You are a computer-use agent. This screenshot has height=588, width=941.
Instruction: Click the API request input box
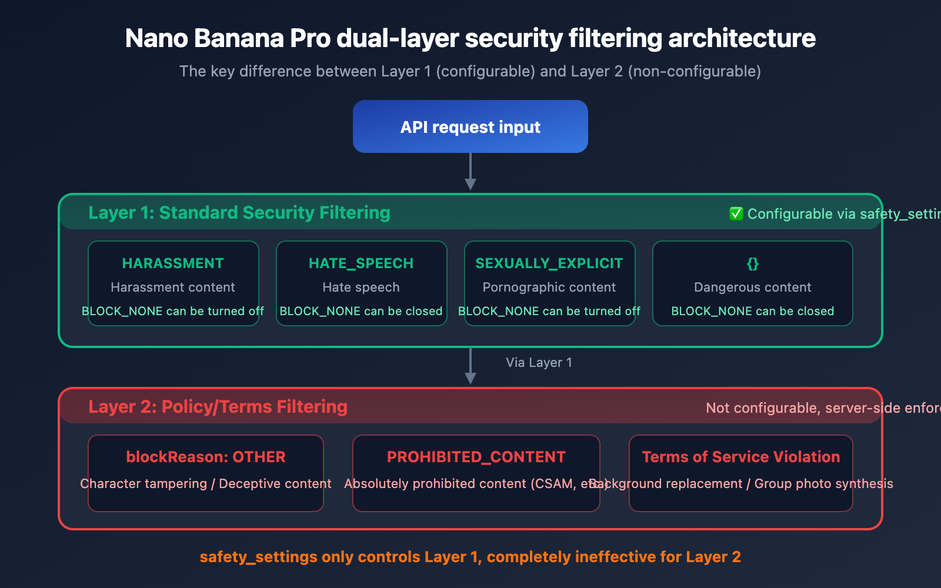point(470,127)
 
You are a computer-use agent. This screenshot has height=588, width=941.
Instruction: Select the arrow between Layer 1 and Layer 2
point(470,366)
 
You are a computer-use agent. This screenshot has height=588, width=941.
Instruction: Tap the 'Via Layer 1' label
point(539,363)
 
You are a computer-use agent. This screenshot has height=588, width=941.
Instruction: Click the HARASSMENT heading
point(173,263)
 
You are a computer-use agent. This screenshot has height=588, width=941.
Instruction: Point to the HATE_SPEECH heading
point(361,263)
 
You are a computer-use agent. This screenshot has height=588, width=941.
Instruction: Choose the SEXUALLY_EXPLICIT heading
point(549,263)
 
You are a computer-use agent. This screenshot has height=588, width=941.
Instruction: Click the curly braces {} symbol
point(752,263)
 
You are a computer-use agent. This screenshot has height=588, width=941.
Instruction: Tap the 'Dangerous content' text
point(752,288)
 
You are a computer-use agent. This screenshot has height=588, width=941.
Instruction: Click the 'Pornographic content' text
point(549,288)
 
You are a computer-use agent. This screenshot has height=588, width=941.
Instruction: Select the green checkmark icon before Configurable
point(736,213)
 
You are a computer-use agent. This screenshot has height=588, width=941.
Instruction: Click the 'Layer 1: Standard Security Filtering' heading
point(239,213)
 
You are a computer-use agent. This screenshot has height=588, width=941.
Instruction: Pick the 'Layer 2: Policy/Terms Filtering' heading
point(218,407)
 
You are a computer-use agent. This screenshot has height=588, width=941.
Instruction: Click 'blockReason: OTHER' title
point(206,457)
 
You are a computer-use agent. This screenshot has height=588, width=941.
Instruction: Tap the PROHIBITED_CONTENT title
point(476,457)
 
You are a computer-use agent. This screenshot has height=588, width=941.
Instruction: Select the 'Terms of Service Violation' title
point(740,457)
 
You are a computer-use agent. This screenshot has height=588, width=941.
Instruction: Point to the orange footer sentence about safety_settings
point(470,557)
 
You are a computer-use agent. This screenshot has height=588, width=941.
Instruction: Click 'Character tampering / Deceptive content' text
point(206,484)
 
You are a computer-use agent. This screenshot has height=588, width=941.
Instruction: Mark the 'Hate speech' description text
point(361,288)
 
